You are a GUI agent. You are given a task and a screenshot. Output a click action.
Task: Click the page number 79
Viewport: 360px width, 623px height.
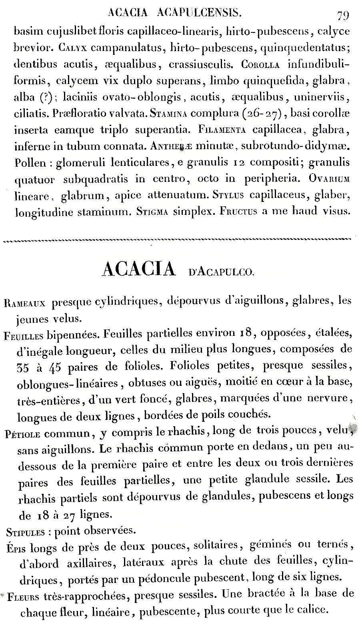pyautogui.click(x=342, y=16)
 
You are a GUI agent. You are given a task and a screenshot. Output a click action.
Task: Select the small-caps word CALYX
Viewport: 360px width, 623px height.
pyautogui.click(x=72, y=48)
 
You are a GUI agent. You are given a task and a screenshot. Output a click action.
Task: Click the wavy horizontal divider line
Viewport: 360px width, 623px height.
pyautogui.click(x=176, y=240)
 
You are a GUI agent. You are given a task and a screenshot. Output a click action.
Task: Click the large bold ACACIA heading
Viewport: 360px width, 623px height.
pyautogui.click(x=139, y=270)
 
